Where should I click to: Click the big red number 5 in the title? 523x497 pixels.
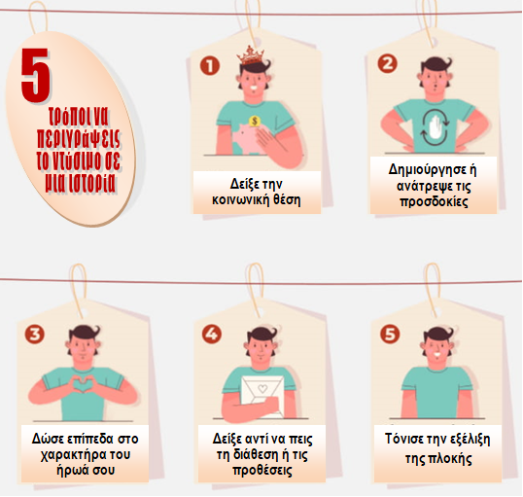[35, 76]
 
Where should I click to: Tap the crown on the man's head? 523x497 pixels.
[251, 55]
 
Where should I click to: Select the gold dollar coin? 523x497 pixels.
[255, 121]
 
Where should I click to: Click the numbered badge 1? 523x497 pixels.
[210, 65]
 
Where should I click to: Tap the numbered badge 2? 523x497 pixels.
[387, 63]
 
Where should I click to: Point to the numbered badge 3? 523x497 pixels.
[35, 335]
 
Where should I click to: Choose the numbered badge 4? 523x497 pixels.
[212, 334]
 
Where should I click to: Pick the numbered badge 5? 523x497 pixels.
[390, 335]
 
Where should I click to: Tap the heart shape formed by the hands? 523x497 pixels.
[81, 384]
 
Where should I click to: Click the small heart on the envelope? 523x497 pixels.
[262, 388]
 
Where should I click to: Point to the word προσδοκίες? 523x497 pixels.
[434, 201]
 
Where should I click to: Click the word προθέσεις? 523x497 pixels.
[262, 471]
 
